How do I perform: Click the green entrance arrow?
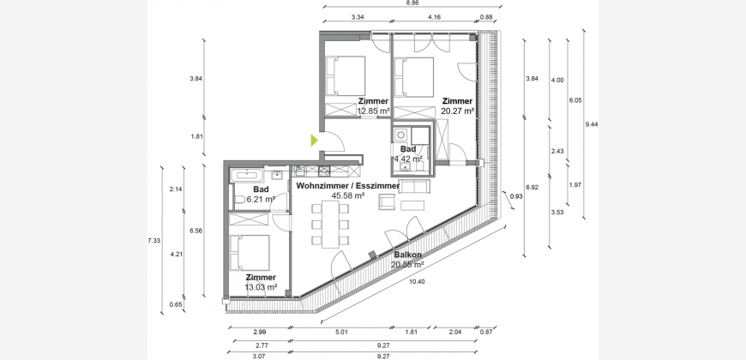point(314,141)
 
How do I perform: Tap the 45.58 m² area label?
point(349,195)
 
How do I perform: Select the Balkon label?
point(406,255)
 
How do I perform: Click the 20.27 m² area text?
point(457,111)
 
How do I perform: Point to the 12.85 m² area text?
point(374,111)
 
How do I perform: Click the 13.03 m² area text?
point(261,287)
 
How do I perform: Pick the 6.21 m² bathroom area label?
point(259,199)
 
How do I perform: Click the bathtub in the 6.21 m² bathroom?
point(248,176)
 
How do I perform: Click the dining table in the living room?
point(330,224)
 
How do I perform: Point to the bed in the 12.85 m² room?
point(346,75)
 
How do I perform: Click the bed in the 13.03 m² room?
point(250,253)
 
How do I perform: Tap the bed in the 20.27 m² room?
point(414,77)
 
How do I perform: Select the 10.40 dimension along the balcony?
point(417,281)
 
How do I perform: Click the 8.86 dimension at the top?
point(412,3)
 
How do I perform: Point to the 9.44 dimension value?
point(592,124)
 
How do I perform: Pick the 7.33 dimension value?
point(153,241)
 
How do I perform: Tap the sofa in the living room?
point(414,186)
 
